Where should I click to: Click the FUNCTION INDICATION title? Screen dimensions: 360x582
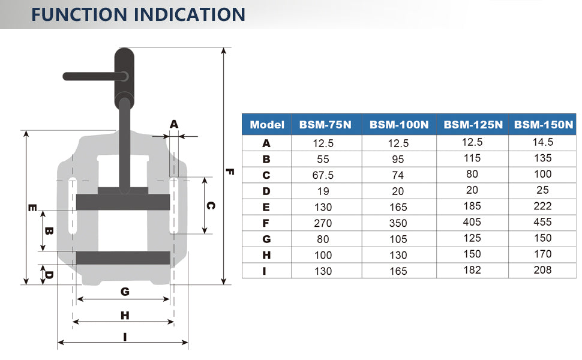tap(138, 14)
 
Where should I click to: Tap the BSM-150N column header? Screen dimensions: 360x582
tap(544, 125)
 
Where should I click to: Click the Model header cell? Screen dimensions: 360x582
tap(266, 125)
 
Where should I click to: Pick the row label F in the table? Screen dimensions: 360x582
tap(266, 223)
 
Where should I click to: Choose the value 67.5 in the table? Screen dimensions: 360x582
tap(323, 175)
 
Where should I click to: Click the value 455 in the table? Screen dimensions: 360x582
tap(542, 222)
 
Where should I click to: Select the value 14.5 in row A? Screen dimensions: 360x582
tap(542, 142)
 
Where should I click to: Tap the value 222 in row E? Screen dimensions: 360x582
tap(542, 206)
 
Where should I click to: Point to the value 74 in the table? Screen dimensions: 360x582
tap(398, 175)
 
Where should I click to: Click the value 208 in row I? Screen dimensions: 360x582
tap(542, 270)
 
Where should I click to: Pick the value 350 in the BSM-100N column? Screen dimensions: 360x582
tap(398, 223)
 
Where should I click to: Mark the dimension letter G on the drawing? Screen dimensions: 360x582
tap(125, 292)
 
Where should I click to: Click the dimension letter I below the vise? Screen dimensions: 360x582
tap(125, 337)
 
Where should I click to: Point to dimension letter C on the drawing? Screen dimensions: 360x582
tap(211, 205)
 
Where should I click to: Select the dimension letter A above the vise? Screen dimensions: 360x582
tap(174, 124)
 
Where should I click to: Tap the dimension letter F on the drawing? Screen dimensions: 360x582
tap(230, 171)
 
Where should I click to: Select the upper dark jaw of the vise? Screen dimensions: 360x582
tap(123, 201)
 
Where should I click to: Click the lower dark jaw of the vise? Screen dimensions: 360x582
tap(123, 258)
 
